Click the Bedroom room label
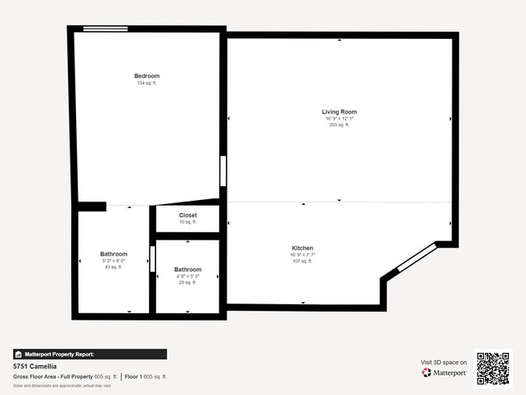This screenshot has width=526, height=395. tap(146, 76)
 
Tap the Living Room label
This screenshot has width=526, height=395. tap(339, 112)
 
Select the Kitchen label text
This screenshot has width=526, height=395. tap(303, 248)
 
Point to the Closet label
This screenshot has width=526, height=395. tap(188, 215)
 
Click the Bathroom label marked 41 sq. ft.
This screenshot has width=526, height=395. tap(113, 254)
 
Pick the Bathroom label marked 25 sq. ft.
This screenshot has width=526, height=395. tap(188, 270)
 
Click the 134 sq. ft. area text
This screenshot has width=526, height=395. tap(146, 83)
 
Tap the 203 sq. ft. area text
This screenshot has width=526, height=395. tap(339, 125)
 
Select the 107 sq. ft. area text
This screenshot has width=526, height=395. tap(303, 261)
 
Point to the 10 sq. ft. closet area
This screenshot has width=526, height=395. tap(188, 222)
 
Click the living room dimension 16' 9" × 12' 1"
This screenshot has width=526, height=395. tap(339, 118)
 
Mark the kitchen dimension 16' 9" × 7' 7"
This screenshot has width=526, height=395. tap(303, 254)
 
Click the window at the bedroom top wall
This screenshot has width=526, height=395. tap(105, 29)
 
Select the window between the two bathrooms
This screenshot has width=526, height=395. tap(152, 259)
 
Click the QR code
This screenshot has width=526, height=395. tap(493, 368)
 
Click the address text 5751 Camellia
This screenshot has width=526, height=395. tap(30, 366)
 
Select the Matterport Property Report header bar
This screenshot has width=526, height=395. tap(90, 354)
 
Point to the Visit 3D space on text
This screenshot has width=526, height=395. tap(443, 362)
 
